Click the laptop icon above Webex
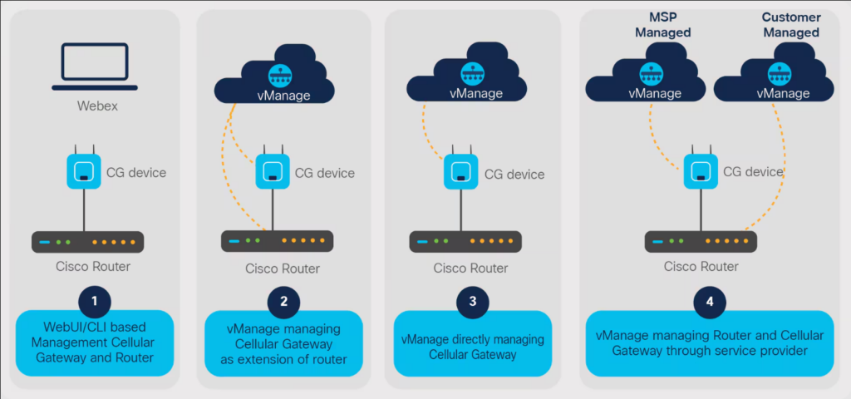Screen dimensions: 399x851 (x=91, y=66)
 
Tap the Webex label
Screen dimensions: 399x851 (x=92, y=106)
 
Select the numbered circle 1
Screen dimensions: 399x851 (x=95, y=300)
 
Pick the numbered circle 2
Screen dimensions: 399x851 (x=283, y=301)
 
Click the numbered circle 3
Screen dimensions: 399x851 (x=472, y=301)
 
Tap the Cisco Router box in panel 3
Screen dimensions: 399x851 (x=465, y=241)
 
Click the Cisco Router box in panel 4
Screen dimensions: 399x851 (x=702, y=241)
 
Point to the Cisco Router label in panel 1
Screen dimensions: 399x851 (x=92, y=267)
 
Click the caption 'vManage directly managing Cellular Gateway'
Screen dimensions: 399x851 (x=472, y=347)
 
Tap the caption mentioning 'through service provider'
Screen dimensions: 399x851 (x=709, y=344)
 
